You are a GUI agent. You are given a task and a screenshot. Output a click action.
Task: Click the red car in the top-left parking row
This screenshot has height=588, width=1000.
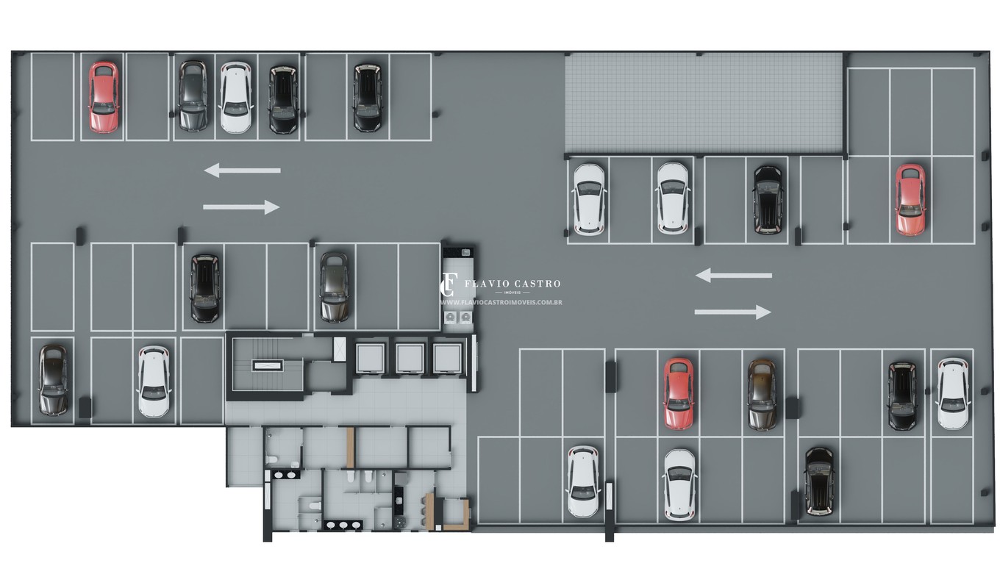[104, 97]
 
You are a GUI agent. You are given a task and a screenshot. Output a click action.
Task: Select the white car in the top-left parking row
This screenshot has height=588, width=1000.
[236, 97]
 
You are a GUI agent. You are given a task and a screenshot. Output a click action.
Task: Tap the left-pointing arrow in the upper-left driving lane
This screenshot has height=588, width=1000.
[243, 170]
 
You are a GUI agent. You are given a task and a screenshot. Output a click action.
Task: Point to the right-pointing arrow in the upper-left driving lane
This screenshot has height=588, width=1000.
[241, 207]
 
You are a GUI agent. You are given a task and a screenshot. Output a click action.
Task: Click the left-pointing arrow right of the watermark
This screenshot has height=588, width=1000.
[734, 276]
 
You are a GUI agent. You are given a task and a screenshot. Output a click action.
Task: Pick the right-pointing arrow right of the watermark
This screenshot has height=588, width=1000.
[732, 312]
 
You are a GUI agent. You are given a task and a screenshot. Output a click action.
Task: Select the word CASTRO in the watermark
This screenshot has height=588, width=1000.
[537, 284]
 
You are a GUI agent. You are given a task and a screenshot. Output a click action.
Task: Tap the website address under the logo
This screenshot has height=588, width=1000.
[501, 303]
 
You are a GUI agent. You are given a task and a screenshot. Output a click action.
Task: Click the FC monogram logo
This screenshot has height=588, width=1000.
[449, 284]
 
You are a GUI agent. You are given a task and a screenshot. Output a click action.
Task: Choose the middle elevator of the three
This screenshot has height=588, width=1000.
[409, 358]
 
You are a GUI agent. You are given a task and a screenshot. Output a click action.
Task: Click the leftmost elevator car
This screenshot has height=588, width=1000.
[370, 358]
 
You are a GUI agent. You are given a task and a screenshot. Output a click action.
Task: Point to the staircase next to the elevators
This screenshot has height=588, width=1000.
[267, 365]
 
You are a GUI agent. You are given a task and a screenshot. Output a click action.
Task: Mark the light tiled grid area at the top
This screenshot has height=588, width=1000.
[704, 103]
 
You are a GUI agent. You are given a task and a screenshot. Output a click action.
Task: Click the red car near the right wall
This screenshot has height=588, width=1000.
[910, 200]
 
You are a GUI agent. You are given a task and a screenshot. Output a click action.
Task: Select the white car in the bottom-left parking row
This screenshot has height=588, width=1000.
[154, 382]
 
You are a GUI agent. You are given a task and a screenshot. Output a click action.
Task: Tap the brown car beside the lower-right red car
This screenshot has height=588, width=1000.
[762, 395]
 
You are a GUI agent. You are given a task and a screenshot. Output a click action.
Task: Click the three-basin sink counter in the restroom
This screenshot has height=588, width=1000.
[343, 525]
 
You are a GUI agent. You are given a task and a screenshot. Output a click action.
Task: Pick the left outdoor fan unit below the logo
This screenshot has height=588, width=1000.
[450, 317]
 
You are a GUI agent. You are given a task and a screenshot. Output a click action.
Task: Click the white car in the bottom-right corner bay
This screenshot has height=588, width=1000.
[953, 393]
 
